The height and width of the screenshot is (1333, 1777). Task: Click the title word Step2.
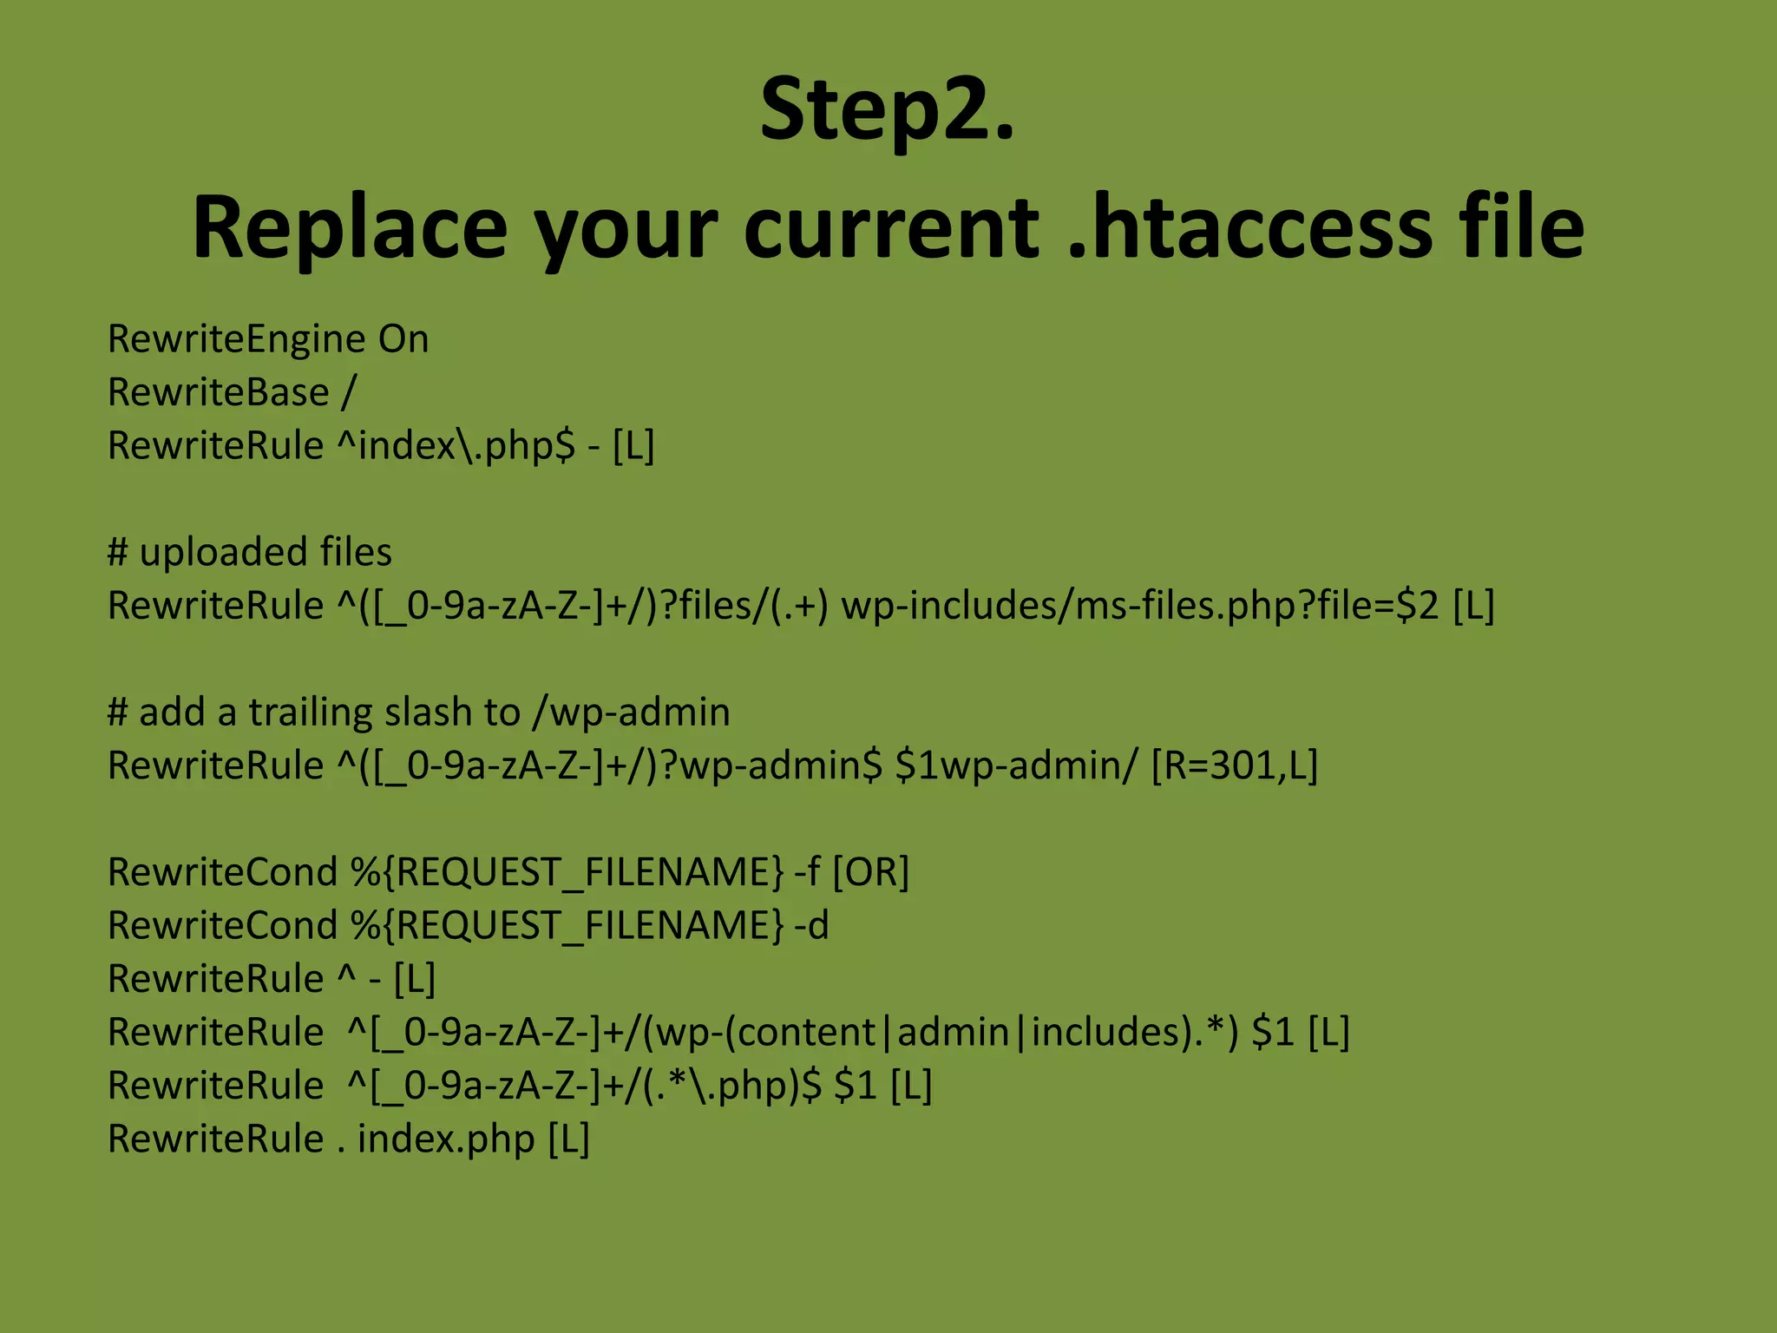coord(887,110)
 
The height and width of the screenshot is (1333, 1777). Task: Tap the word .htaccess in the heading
coord(1249,227)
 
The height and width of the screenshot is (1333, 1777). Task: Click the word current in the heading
coord(891,227)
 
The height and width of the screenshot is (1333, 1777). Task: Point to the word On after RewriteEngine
coord(403,338)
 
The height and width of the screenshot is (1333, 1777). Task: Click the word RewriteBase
coord(218,392)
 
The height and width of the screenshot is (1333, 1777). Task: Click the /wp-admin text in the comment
coord(631,712)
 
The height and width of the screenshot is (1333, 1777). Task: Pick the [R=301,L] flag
coord(1234,765)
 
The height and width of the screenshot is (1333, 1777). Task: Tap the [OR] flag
coord(870,872)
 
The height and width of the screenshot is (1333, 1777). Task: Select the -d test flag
coord(812,926)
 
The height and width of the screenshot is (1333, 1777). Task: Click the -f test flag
coord(807,872)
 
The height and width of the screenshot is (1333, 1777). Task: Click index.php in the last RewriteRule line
coord(446,1139)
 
